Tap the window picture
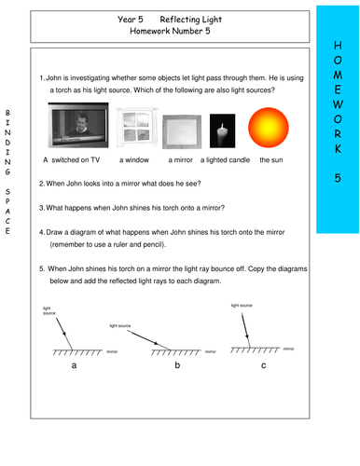[133, 129]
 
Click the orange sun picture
[270, 128]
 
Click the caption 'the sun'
[270, 159]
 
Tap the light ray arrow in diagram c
[245, 328]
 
